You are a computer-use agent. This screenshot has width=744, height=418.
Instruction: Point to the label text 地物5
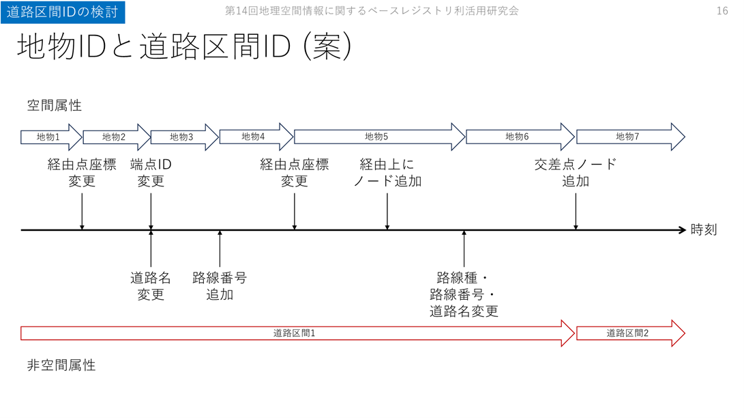pos(376,137)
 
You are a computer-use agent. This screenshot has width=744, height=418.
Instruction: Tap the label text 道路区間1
pos(294,333)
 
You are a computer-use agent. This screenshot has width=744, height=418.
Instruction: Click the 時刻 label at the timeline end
pos(703,230)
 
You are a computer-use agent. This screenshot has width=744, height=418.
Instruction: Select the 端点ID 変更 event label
pos(151,173)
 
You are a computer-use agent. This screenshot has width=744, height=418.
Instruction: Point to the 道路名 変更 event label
pos(151,286)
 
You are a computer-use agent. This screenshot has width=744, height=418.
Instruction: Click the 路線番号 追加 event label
pos(220,286)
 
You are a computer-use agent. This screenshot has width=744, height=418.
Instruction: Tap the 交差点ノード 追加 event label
pos(576,173)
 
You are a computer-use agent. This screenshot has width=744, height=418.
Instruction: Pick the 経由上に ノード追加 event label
pos(387,173)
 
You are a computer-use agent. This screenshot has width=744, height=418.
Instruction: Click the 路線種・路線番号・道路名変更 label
pos(464,294)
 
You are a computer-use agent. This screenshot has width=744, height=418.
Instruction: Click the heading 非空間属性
pos(61,365)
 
